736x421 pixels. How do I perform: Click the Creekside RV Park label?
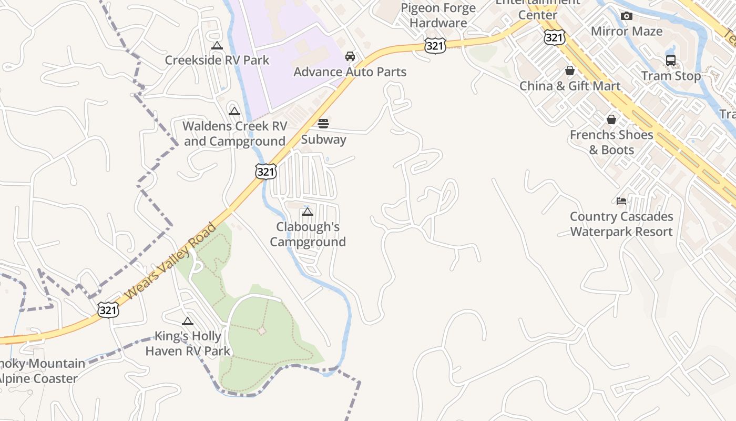point(217,60)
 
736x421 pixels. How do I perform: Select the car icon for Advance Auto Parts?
point(350,56)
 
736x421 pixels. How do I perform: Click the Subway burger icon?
point(323,124)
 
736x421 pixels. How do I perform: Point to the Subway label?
point(323,139)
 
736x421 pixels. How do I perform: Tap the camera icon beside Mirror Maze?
point(626,16)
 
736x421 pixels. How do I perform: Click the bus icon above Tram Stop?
point(671,61)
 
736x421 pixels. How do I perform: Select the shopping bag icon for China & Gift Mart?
point(569,71)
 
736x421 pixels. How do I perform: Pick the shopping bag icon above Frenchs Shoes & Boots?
point(611,119)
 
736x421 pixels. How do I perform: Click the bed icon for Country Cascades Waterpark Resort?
point(621,201)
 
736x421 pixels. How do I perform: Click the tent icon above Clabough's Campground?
point(308,212)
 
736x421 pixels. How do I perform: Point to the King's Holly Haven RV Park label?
point(188,344)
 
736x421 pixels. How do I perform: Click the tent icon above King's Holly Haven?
point(188,322)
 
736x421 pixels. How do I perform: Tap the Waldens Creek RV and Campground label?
point(235,134)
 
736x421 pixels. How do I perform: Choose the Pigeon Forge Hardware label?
point(438,15)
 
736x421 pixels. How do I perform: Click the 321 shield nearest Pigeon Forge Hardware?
point(436,46)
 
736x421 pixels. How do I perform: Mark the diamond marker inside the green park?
point(261,330)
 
